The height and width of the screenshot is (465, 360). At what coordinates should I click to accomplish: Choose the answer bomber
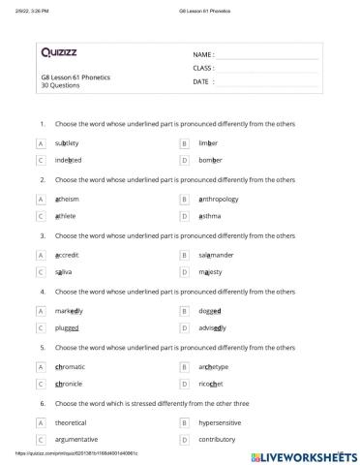tap(211, 159)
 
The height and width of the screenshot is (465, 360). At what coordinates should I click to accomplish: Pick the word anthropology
tap(224, 199)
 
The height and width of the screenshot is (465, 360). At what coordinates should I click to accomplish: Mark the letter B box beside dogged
tap(184, 311)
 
